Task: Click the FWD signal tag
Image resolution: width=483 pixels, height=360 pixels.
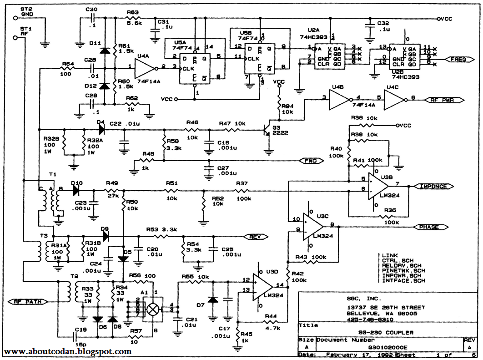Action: click(x=311, y=161)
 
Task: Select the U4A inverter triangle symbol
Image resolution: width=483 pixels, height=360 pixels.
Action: click(x=146, y=68)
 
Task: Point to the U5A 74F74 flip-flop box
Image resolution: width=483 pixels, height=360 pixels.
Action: click(x=195, y=69)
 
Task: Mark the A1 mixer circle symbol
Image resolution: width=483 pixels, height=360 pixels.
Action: click(x=154, y=308)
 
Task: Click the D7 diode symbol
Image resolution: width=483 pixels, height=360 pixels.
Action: click(x=212, y=300)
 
